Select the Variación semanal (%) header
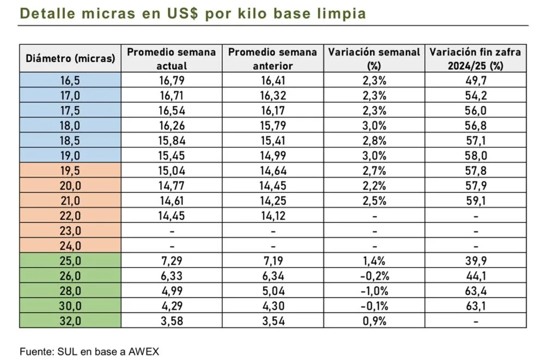[373, 59]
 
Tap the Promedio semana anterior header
[272, 59]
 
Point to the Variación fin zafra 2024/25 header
[475, 59]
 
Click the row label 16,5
[70, 81]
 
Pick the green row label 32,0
[70, 321]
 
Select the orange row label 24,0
[70, 246]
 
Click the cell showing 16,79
[172, 81]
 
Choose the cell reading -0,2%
[373, 276]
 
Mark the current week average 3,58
[172, 321]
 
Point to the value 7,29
[172, 261]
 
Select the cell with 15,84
[172, 141]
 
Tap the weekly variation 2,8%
[373, 141]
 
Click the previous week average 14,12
[272, 216]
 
